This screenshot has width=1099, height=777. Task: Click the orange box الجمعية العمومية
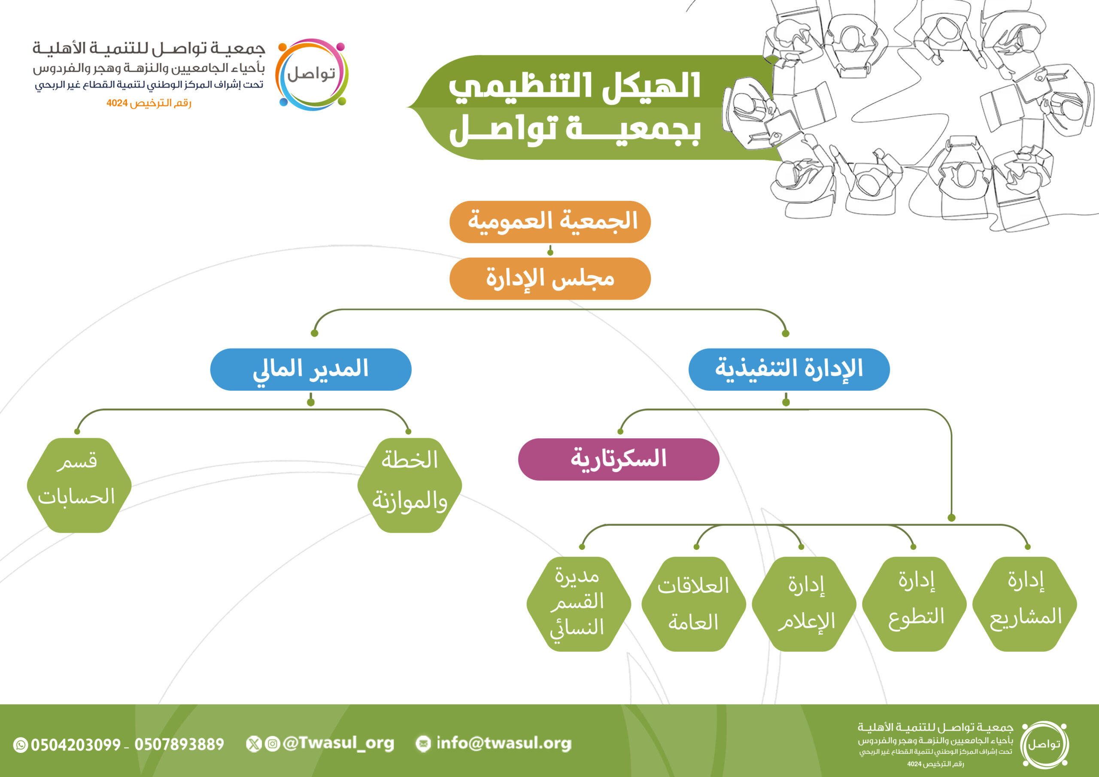(x=550, y=222)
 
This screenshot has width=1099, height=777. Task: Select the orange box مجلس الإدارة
(x=550, y=279)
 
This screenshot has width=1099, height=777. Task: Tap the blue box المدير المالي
(x=311, y=370)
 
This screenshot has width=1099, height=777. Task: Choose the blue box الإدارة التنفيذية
(x=789, y=370)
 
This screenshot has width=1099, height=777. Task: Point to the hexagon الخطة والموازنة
(x=410, y=486)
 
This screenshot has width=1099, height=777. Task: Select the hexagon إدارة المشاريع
(x=1025, y=604)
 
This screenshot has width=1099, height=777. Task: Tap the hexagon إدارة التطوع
(x=915, y=604)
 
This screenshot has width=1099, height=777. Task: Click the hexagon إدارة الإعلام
(x=805, y=604)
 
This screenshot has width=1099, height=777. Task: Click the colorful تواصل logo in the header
(x=312, y=75)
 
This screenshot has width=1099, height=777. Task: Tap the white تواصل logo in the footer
(x=1044, y=744)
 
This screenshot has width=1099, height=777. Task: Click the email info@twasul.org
(x=504, y=744)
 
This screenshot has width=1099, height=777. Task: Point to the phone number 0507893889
(x=179, y=744)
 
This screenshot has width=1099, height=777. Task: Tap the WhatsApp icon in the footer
(x=21, y=745)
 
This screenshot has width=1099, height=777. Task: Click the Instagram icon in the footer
(x=272, y=744)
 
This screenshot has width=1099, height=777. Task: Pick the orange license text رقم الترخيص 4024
(x=149, y=103)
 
